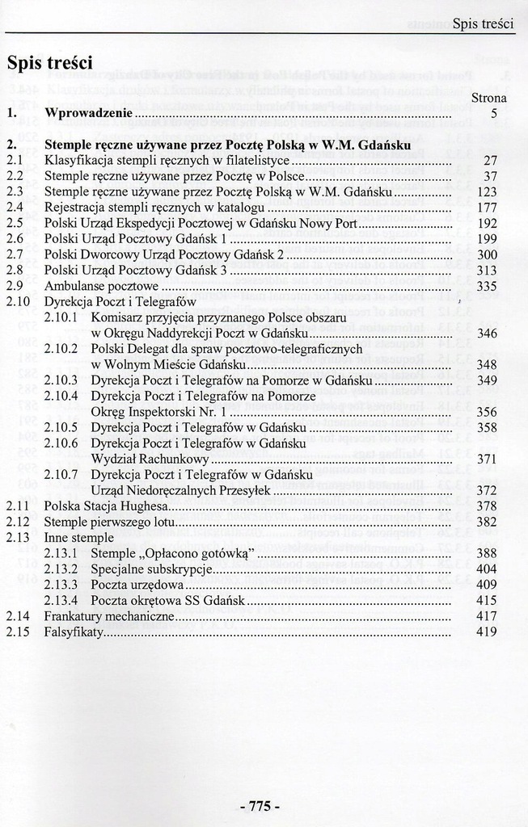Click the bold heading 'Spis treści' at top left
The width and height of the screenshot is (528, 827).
point(49,62)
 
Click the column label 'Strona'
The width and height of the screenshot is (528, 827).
point(488,99)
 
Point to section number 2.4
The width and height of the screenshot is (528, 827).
point(15,208)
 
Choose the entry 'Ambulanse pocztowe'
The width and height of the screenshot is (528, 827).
point(101,286)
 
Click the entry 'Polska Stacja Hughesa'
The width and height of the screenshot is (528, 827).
point(106,506)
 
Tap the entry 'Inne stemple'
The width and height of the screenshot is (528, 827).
point(78,537)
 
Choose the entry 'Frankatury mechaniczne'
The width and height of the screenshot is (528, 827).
point(109,616)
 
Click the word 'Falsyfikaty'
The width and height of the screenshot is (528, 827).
point(74,632)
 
